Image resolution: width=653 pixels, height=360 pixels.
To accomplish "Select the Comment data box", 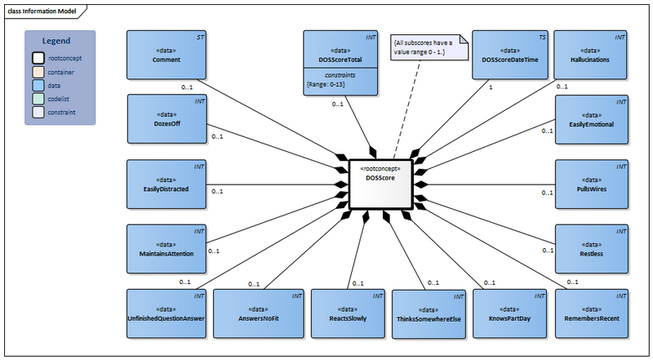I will (166, 55).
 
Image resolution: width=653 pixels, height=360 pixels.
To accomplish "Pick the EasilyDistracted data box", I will (166, 184).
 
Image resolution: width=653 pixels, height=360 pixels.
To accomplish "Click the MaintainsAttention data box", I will (166, 248).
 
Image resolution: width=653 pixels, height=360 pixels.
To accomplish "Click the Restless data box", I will (593, 248).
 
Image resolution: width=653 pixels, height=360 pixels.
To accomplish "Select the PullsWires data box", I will (593, 184).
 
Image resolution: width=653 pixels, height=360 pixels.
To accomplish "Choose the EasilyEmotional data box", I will (593, 119).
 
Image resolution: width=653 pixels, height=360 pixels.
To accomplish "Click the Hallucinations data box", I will (593, 55).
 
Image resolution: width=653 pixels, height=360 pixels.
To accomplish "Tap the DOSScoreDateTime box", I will (511, 55).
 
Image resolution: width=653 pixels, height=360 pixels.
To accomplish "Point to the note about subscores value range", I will (429, 45).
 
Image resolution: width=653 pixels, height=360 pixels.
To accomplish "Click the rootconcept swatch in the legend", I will (38, 58).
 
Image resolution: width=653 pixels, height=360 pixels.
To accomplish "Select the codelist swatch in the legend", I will (38, 97).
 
